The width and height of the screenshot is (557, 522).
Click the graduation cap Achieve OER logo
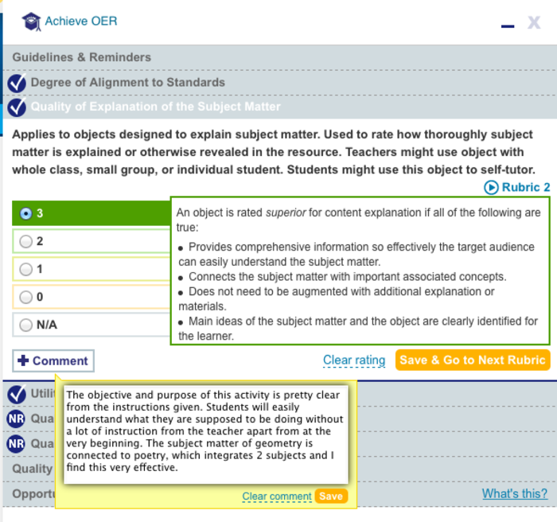click(x=32, y=21)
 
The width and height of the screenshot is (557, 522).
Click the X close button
click(x=534, y=22)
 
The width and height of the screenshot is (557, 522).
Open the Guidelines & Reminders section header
click(x=81, y=57)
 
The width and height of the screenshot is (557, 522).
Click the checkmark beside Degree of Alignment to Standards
click(x=17, y=83)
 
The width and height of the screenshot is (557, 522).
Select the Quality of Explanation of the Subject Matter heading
click(x=155, y=107)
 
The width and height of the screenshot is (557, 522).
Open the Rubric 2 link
click(x=517, y=188)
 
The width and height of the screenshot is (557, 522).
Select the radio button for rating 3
click(x=26, y=213)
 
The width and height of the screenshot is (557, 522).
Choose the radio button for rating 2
click(x=26, y=241)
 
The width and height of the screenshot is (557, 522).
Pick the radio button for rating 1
click(x=26, y=269)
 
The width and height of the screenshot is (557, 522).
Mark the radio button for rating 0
click(x=26, y=297)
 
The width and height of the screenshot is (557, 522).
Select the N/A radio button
click(x=26, y=325)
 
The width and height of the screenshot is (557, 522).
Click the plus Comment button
click(x=53, y=360)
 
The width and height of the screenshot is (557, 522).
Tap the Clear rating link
click(x=354, y=360)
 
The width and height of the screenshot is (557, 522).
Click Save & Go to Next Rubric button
click(x=473, y=360)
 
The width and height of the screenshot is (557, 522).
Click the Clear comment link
click(x=277, y=497)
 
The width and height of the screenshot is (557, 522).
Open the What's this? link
click(x=515, y=493)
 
